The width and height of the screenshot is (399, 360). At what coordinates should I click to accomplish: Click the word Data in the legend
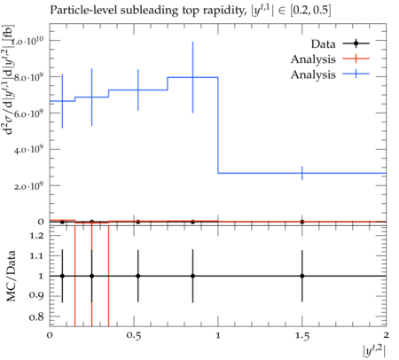coord(323,44)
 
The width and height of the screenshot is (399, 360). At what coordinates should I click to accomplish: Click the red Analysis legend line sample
coord(356,59)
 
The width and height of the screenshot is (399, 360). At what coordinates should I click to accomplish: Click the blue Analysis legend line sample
coord(356,74)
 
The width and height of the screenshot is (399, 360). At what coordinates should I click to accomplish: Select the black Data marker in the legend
coord(356,43)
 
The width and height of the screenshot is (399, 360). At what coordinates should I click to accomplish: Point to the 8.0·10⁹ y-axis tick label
coord(28,77)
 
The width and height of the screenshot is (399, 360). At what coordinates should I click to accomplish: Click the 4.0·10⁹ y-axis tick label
coord(28,150)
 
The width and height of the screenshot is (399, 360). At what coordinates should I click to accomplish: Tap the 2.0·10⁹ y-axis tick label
coord(28,186)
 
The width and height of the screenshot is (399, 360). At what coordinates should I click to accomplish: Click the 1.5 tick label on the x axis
coord(302,336)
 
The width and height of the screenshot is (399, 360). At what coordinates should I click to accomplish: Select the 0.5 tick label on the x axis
coord(134,336)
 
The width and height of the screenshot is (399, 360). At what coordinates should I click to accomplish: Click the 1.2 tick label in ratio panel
coord(36,236)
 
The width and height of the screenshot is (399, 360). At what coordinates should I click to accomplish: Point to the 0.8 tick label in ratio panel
coord(36,317)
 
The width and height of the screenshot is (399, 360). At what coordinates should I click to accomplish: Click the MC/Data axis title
coord(11,276)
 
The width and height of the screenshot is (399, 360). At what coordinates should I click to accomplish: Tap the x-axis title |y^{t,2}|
coord(374,351)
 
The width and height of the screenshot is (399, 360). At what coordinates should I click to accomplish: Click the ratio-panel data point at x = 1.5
coord(302,276)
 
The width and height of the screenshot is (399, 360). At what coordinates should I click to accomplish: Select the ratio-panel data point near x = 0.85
coord(192,276)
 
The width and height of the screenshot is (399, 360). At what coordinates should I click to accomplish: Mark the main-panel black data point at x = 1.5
coord(302,222)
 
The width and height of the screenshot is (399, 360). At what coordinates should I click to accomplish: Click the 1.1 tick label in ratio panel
coord(36,256)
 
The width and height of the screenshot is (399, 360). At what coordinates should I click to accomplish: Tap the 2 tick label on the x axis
coord(386,335)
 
